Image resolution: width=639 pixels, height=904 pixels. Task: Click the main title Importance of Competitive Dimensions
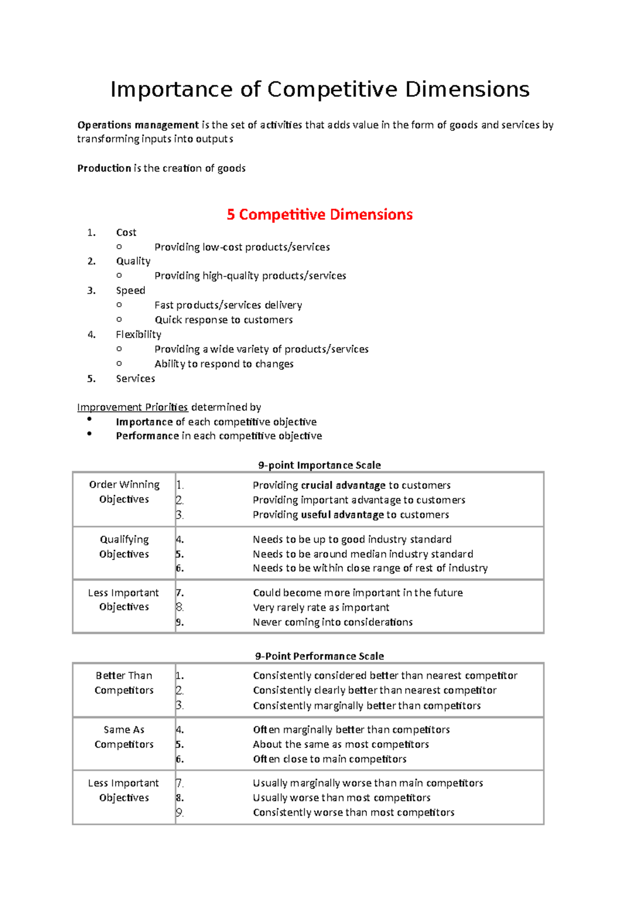point(319,89)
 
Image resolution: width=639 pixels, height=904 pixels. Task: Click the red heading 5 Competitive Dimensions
point(319,215)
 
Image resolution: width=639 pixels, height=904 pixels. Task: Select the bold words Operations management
point(138,125)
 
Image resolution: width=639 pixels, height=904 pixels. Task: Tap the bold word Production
point(104,168)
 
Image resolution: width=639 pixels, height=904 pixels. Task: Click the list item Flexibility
point(138,334)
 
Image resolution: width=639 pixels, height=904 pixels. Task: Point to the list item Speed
point(130,290)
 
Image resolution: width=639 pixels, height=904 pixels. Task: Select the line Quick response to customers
point(224,320)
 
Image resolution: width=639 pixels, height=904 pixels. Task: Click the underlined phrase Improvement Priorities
point(133,407)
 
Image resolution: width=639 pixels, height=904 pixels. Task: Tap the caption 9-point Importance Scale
point(319,465)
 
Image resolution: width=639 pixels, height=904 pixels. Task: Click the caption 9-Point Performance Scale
point(319,656)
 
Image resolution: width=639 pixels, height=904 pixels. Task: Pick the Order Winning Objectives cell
point(124,492)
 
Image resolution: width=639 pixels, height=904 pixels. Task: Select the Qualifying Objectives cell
point(124,547)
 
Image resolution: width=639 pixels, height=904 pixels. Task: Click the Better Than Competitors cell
point(124,683)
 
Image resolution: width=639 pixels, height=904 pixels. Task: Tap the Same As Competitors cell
point(124,737)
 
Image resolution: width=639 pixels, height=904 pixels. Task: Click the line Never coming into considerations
point(333,622)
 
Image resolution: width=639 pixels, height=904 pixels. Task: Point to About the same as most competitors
point(341,744)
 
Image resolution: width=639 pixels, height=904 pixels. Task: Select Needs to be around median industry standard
point(363,554)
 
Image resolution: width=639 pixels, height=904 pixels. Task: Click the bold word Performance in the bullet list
point(148,436)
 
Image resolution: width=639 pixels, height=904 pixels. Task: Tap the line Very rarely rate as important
point(321,607)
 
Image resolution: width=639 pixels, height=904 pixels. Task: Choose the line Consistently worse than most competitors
point(354,812)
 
